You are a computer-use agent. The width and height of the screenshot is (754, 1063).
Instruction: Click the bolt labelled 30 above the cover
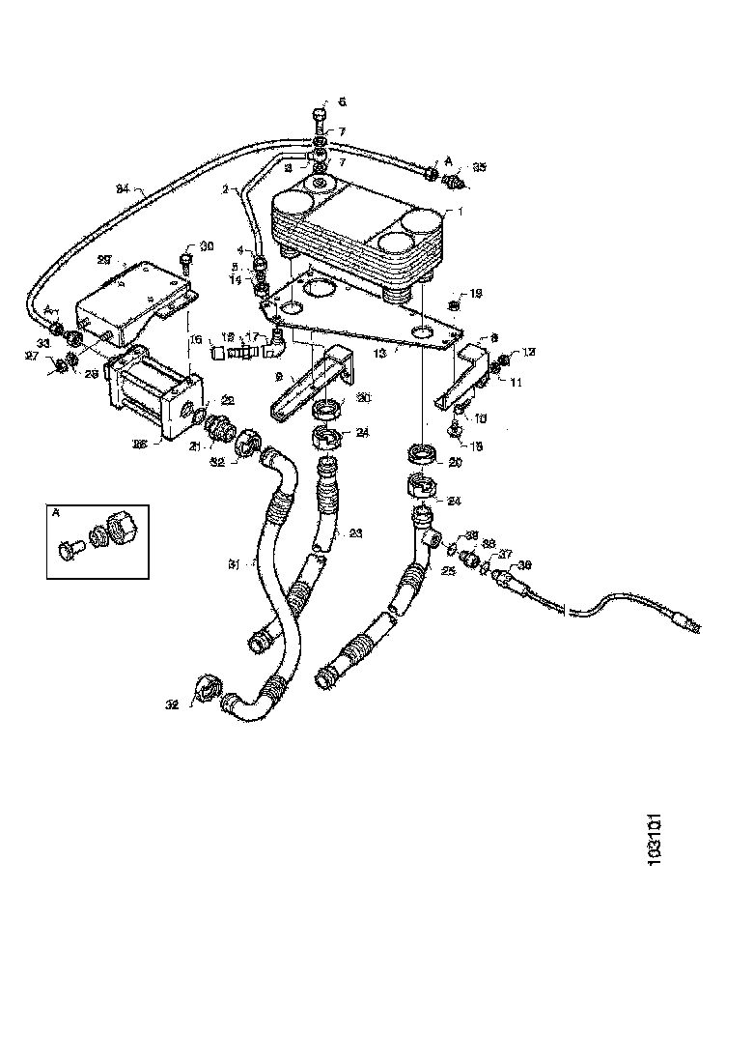pyautogui.click(x=185, y=260)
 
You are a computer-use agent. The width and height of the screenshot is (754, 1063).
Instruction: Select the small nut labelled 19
pyautogui.click(x=455, y=306)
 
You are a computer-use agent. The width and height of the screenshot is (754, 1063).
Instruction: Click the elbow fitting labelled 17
pyautogui.click(x=277, y=338)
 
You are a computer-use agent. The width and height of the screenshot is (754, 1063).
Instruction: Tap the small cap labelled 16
pyautogui.click(x=217, y=354)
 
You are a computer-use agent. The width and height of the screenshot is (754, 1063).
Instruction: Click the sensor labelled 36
pyautogui.click(x=508, y=578)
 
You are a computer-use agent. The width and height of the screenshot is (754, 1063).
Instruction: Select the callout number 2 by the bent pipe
pyautogui.click(x=225, y=190)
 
